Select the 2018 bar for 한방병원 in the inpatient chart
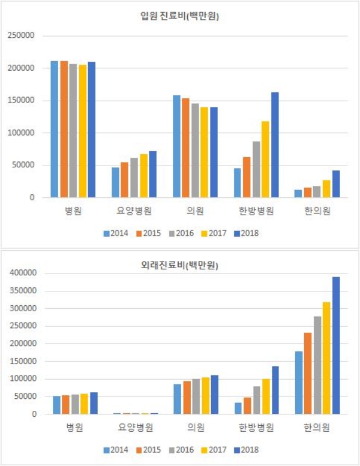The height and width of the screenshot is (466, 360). [275, 145]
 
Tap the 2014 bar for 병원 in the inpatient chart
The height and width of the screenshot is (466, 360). [55, 129]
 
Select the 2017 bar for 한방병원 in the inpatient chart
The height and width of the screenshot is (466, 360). [265, 159]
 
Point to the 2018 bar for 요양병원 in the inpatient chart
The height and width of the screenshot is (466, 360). [152, 174]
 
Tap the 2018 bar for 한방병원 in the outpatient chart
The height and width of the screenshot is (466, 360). [275, 390]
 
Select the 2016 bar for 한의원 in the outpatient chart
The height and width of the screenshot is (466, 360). [317, 365]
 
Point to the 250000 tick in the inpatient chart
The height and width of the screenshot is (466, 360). [23, 36]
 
